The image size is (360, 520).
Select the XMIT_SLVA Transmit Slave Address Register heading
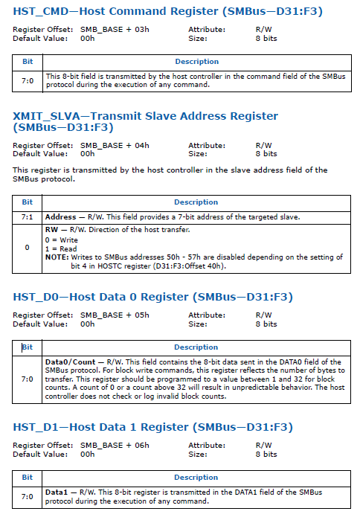coord(146,121)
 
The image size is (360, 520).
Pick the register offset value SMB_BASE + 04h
coord(115,145)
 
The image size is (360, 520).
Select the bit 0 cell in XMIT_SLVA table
coord(27,246)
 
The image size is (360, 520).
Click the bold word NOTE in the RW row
coord(57,257)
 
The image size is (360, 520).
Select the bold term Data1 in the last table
coord(57,492)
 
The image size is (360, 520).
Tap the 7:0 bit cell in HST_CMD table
coord(27,80)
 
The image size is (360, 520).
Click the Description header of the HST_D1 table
coord(196,477)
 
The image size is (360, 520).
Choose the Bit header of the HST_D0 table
coord(27,347)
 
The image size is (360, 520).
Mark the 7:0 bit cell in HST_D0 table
coord(27,379)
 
